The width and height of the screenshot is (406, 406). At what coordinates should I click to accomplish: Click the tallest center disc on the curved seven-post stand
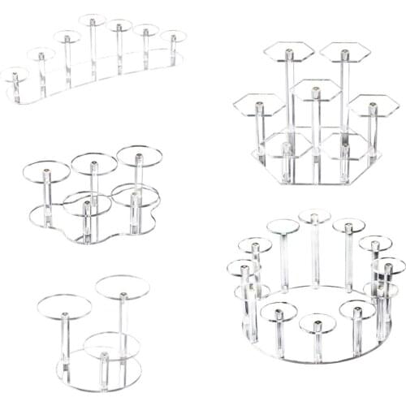click(92, 19)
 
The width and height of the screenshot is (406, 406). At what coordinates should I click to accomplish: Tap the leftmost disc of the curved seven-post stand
click(14, 75)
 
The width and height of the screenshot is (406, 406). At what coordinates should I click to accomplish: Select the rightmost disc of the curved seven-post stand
click(173, 36)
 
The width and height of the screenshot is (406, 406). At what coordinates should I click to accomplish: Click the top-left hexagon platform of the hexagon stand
click(288, 52)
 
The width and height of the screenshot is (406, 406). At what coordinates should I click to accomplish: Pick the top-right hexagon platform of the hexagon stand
click(344, 53)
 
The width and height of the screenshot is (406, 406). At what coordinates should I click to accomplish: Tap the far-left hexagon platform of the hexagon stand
click(258, 103)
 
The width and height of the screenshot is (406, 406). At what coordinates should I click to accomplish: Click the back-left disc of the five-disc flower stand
click(46, 171)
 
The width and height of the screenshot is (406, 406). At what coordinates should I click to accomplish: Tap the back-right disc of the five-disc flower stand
click(139, 155)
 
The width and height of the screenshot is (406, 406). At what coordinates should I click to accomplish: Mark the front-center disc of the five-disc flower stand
click(88, 204)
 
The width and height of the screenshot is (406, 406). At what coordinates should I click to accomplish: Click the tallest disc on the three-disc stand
click(123, 287)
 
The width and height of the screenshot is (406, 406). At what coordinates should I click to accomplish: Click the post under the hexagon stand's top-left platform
click(288, 97)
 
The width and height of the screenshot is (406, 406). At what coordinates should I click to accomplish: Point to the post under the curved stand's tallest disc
click(92, 49)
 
